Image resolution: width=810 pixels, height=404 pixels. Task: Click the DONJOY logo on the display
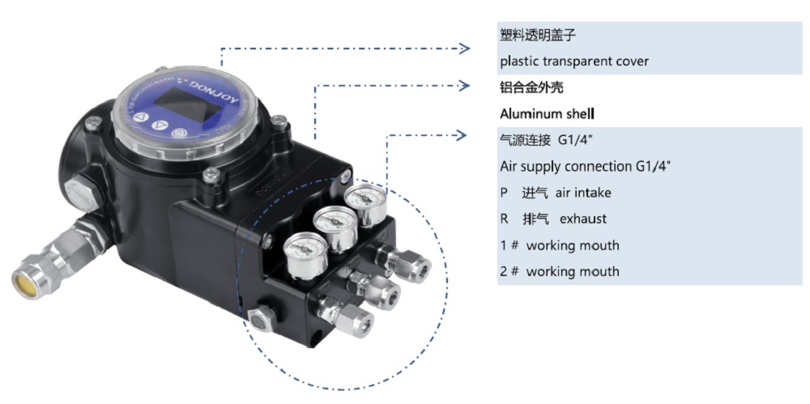(x=199, y=84)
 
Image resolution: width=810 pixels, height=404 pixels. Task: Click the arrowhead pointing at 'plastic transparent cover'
(x=465, y=49)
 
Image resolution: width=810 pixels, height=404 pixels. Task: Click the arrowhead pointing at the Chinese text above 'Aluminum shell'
(x=465, y=85)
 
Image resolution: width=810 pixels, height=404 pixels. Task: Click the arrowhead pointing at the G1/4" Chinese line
(x=465, y=134)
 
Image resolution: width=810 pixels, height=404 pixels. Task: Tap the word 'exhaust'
(x=582, y=219)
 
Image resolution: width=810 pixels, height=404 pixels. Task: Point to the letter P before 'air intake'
(x=504, y=193)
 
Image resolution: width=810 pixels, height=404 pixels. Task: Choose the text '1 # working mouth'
(x=559, y=245)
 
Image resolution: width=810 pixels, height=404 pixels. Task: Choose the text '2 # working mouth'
(x=559, y=271)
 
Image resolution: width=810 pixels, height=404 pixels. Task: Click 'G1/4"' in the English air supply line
(x=653, y=166)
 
